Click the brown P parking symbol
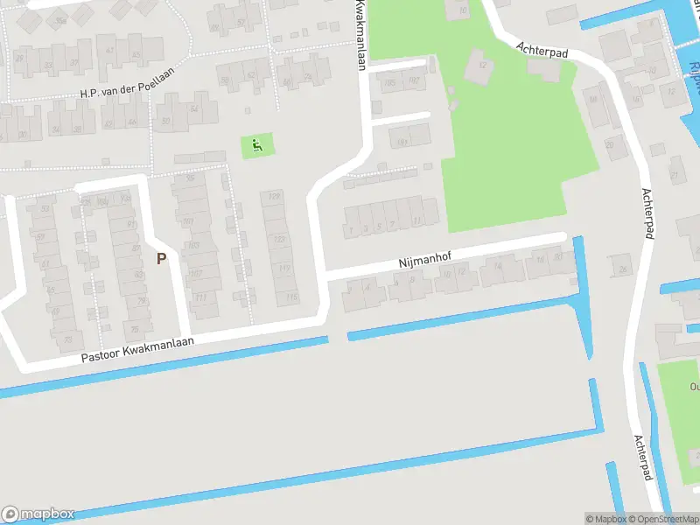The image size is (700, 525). pyautogui.click(x=161, y=258)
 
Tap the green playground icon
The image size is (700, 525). pyautogui.click(x=257, y=145)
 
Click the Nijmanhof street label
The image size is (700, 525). pyautogui.click(x=423, y=260)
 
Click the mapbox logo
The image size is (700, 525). pyautogui.click(x=38, y=514)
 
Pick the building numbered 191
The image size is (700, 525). pyautogui.click(x=402, y=143)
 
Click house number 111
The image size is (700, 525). pyautogui.click(x=200, y=297)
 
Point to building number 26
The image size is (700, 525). pyautogui.click(x=623, y=269)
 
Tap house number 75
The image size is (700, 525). pyautogui.click(x=134, y=328)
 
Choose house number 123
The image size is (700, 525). pyautogui.click(x=280, y=239)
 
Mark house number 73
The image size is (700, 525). pyautogui.click(x=68, y=339)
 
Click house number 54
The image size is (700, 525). pyautogui.click(x=193, y=108)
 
